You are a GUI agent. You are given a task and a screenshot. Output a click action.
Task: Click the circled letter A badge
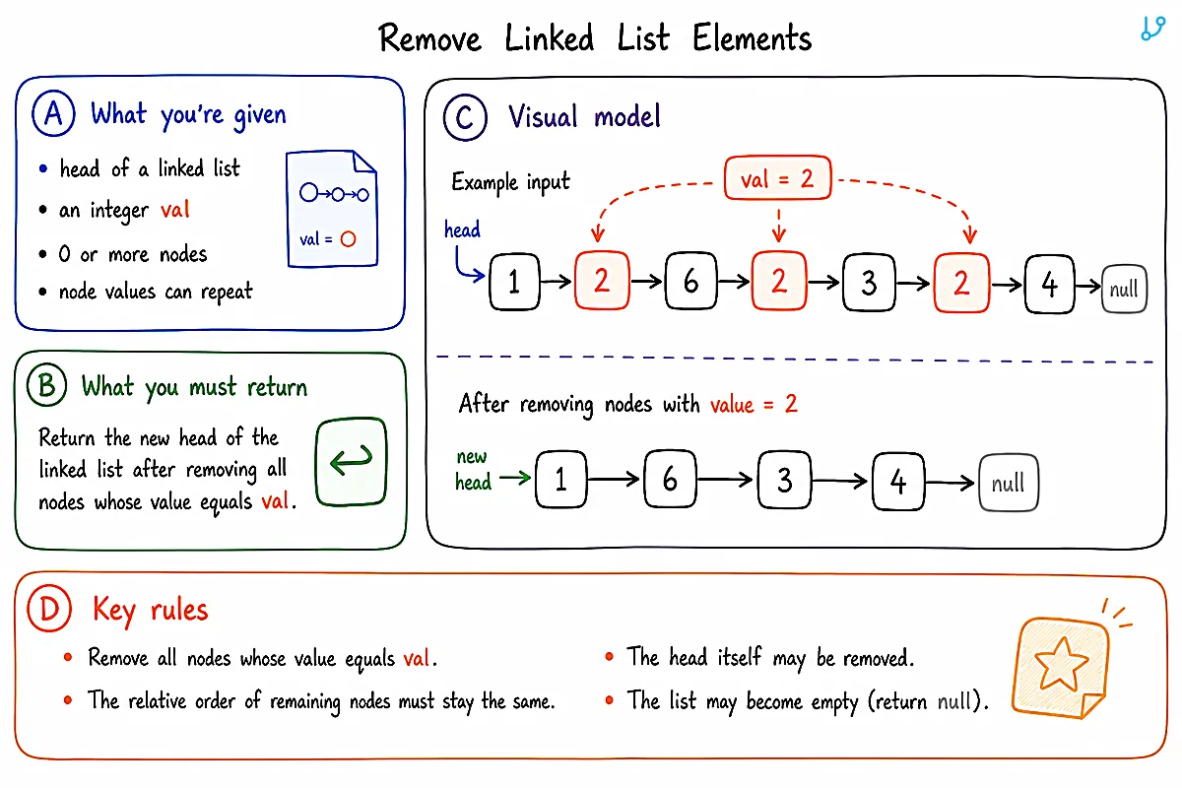point(53,113)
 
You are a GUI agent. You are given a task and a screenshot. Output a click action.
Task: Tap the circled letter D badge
point(49,608)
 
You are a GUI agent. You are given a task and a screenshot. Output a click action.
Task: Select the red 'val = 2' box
point(778,178)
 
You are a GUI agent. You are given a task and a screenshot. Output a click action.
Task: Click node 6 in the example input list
point(691,281)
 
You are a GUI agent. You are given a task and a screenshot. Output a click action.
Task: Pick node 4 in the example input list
point(1050,284)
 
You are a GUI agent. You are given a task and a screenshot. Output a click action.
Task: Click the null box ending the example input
point(1125,289)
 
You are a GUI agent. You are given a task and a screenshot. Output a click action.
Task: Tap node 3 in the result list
point(785,480)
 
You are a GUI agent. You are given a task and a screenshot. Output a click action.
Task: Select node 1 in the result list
point(560,480)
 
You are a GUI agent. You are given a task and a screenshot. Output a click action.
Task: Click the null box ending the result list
point(1009,483)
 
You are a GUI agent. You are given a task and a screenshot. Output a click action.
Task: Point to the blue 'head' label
point(462,230)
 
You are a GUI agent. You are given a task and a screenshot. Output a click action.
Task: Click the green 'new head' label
point(473,469)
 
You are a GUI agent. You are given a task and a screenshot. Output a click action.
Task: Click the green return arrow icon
point(352,461)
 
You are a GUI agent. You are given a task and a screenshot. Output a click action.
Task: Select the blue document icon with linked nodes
point(332,209)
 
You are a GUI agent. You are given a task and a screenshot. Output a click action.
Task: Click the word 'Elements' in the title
point(752,38)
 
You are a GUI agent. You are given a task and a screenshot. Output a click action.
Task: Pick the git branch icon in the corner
point(1152,28)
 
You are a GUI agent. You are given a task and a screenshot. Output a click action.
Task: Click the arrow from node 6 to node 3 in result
point(725,480)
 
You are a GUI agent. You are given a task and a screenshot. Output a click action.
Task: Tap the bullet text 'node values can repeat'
point(156,292)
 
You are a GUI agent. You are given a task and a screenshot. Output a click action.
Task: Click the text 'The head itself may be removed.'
point(770,658)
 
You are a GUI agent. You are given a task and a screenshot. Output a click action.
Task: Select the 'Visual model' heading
point(584,116)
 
